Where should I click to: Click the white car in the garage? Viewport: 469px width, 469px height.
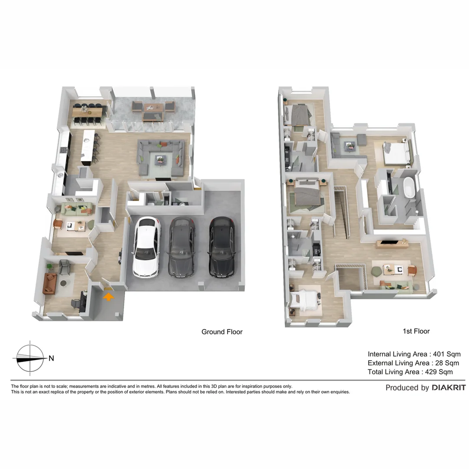point(146,247)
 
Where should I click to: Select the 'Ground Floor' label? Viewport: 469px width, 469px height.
point(222,332)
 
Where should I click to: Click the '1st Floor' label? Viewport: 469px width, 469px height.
point(416,331)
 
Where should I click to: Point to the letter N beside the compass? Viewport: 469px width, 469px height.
point(51,358)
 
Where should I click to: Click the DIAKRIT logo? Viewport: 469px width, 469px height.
point(449,388)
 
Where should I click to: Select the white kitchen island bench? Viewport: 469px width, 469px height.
point(88,147)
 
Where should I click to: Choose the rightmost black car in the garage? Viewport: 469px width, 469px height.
point(222,247)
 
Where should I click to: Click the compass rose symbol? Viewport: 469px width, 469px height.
point(30,358)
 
